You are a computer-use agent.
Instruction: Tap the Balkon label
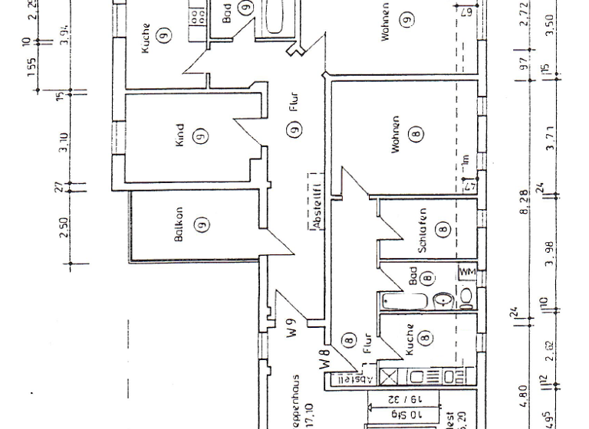(x=179, y=224)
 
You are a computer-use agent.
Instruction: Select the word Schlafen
(x=423, y=230)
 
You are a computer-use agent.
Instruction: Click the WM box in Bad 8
(x=467, y=273)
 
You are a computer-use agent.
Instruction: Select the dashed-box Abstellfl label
(x=314, y=202)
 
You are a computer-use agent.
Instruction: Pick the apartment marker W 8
(x=325, y=357)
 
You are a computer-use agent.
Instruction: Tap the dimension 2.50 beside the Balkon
(x=65, y=228)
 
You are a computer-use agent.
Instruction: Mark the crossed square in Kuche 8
(x=388, y=377)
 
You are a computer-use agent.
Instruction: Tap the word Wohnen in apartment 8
(x=396, y=135)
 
